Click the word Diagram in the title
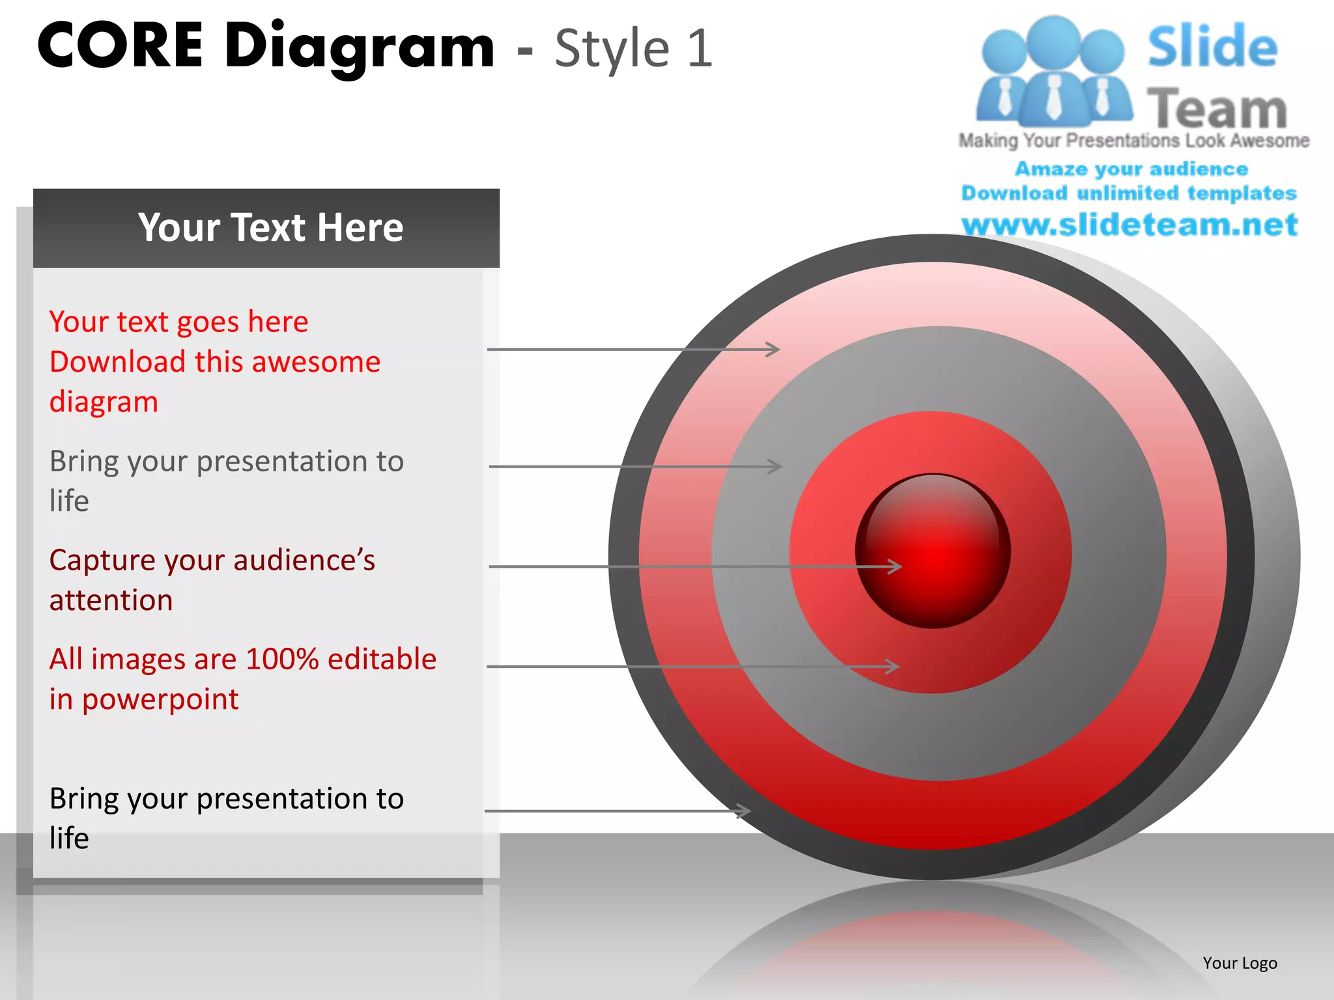(x=360, y=47)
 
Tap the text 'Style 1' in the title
(x=633, y=48)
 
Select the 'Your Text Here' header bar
(x=266, y=228)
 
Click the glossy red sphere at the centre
(x=933, y=551)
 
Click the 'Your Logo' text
(x=1240, y=963)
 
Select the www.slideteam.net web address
(x=1129, y=225)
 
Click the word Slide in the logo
(x=1212, y=46)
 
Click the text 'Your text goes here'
(x=178, y=322)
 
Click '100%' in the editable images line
(x=282, y=659)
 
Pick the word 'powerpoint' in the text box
(x=160, y=700)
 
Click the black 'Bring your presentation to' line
(x=226, y=798)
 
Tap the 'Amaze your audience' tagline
(x=1131, y=169)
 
